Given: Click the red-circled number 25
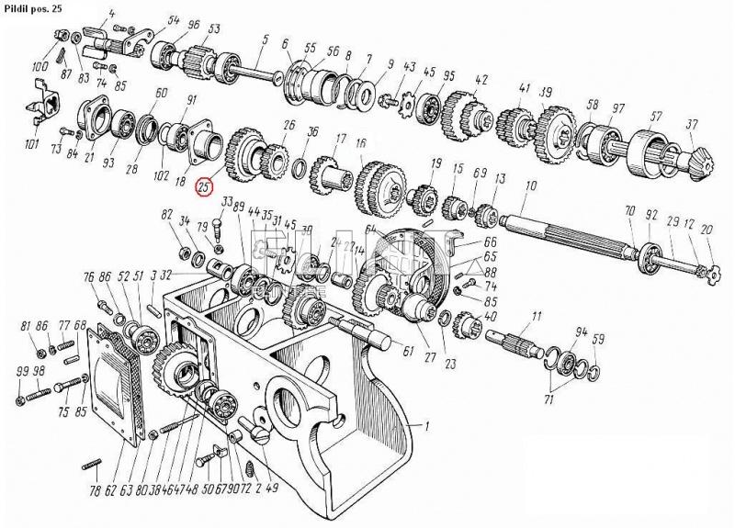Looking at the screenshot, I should click(x=203, y=186).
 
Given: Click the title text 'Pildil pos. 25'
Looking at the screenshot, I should click(x=34, y=6).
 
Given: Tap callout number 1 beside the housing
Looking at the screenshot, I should click(x=425, y=426).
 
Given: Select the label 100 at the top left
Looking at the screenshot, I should click(x=40, y=67).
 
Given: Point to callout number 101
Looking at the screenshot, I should click(x=33, y=144).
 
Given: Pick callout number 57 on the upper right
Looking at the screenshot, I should click(x=656, y=117).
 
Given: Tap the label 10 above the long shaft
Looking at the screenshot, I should click(x=530, y=186).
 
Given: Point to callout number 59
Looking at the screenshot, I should click(x=598, y=341).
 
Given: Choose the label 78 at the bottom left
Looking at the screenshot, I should click(x=96, y=490).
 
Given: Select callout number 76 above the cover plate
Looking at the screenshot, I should click(x=88, y=276).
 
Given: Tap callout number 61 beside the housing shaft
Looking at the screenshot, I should click(x=408, y=350).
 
